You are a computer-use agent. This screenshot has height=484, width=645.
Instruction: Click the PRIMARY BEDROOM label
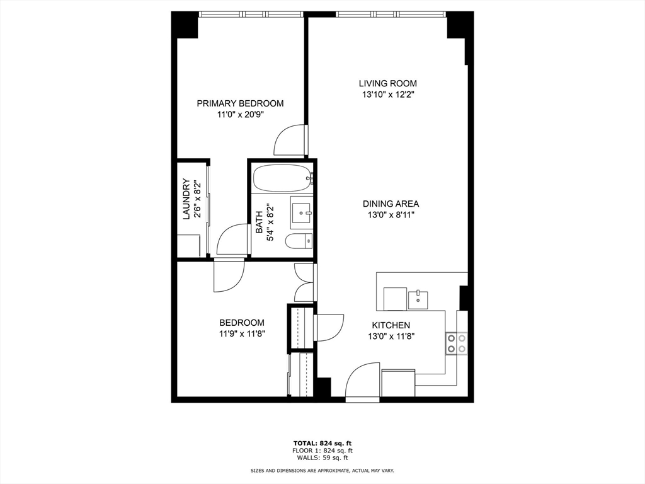click(x=240, y=103)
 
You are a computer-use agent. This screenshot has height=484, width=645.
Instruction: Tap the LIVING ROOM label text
click(x=387, y=84)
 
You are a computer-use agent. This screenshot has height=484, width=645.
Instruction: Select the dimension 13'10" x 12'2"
click(x=387, y=95)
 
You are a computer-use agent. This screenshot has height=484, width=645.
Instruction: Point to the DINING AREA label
click(x=391, y=204)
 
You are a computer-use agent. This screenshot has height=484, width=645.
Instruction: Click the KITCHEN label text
click(x=391, y=325)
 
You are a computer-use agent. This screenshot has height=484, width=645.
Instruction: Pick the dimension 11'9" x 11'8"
click(x=241, y=334)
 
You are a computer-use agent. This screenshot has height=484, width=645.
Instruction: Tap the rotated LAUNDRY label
click(x=186, y=199)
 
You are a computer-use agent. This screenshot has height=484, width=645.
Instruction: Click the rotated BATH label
click(x=259, y=222)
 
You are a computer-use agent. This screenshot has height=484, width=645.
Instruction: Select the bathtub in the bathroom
click(x=282, y=178)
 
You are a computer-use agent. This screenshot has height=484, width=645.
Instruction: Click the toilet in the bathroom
click(x=299, y=241)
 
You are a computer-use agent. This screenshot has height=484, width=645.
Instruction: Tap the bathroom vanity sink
click(x=302, y=212)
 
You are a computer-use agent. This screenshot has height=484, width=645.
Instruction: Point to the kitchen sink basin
click(x=418, y=300)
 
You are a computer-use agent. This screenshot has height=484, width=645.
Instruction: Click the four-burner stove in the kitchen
click(x=457, y=343)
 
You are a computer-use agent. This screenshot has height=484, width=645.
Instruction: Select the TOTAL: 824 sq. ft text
click(x=322, y=443)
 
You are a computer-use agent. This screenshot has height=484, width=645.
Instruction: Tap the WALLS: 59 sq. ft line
click(x=322, y=458)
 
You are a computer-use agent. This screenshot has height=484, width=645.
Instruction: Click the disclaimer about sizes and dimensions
click(x=322, y=470)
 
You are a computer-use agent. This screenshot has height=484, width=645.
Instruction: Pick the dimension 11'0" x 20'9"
click(x=240, y=115)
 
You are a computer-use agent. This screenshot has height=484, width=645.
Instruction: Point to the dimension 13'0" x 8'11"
click(x=391, y=215)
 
